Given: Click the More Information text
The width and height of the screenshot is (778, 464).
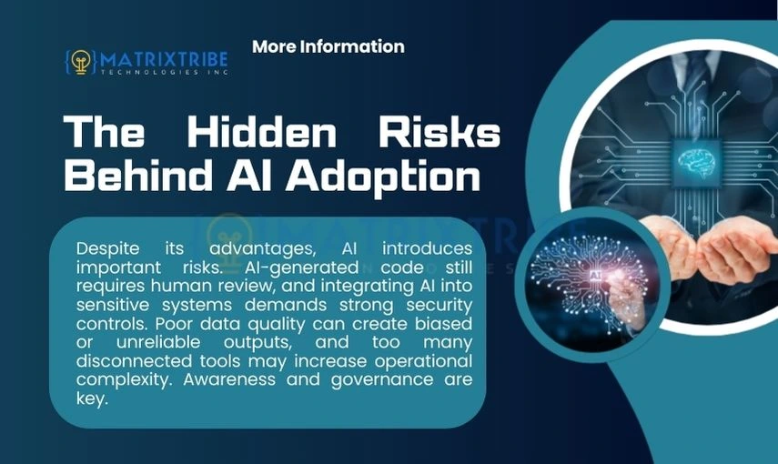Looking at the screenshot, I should (x=328, y=46).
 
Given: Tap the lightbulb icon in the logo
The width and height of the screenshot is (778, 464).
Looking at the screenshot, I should (x=81, y=62).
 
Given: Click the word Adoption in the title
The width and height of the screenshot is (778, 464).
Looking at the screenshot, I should (x=381, y=176).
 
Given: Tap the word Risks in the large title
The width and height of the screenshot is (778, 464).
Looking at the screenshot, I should (x=440, y=134).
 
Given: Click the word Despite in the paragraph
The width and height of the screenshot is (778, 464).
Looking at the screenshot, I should (x=107, y=249).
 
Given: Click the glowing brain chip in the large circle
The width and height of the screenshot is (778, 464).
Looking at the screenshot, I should (x=697, y=162).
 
